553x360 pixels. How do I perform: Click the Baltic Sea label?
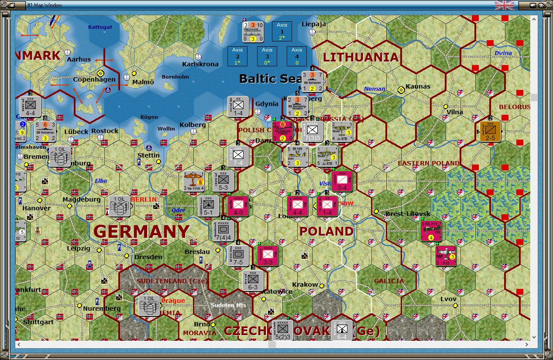tap(271, 79)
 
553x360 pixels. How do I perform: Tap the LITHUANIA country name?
tap(361, 57)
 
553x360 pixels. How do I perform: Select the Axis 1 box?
tap(282, 31)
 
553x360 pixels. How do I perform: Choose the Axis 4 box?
tap(297, 56)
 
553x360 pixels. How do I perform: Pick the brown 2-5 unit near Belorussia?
tap(490, 131)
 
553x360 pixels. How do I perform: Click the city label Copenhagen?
tap(94, 79)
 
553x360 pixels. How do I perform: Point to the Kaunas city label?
tap(418, 86)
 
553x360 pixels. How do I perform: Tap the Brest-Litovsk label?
tap(408, 214)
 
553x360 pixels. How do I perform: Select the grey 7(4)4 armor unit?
tap(224, 231)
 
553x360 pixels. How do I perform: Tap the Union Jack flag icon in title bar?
tap(504, 5)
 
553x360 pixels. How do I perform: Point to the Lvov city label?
tap(448, 299)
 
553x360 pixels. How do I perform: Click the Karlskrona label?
tap(200, 64)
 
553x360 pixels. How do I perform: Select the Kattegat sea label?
tap(100, 27)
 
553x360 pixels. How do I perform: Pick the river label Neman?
tap(374, 89)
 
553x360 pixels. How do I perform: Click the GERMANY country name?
tap(141, 231)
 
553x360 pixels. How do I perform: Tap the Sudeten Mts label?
tap(229, 305)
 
